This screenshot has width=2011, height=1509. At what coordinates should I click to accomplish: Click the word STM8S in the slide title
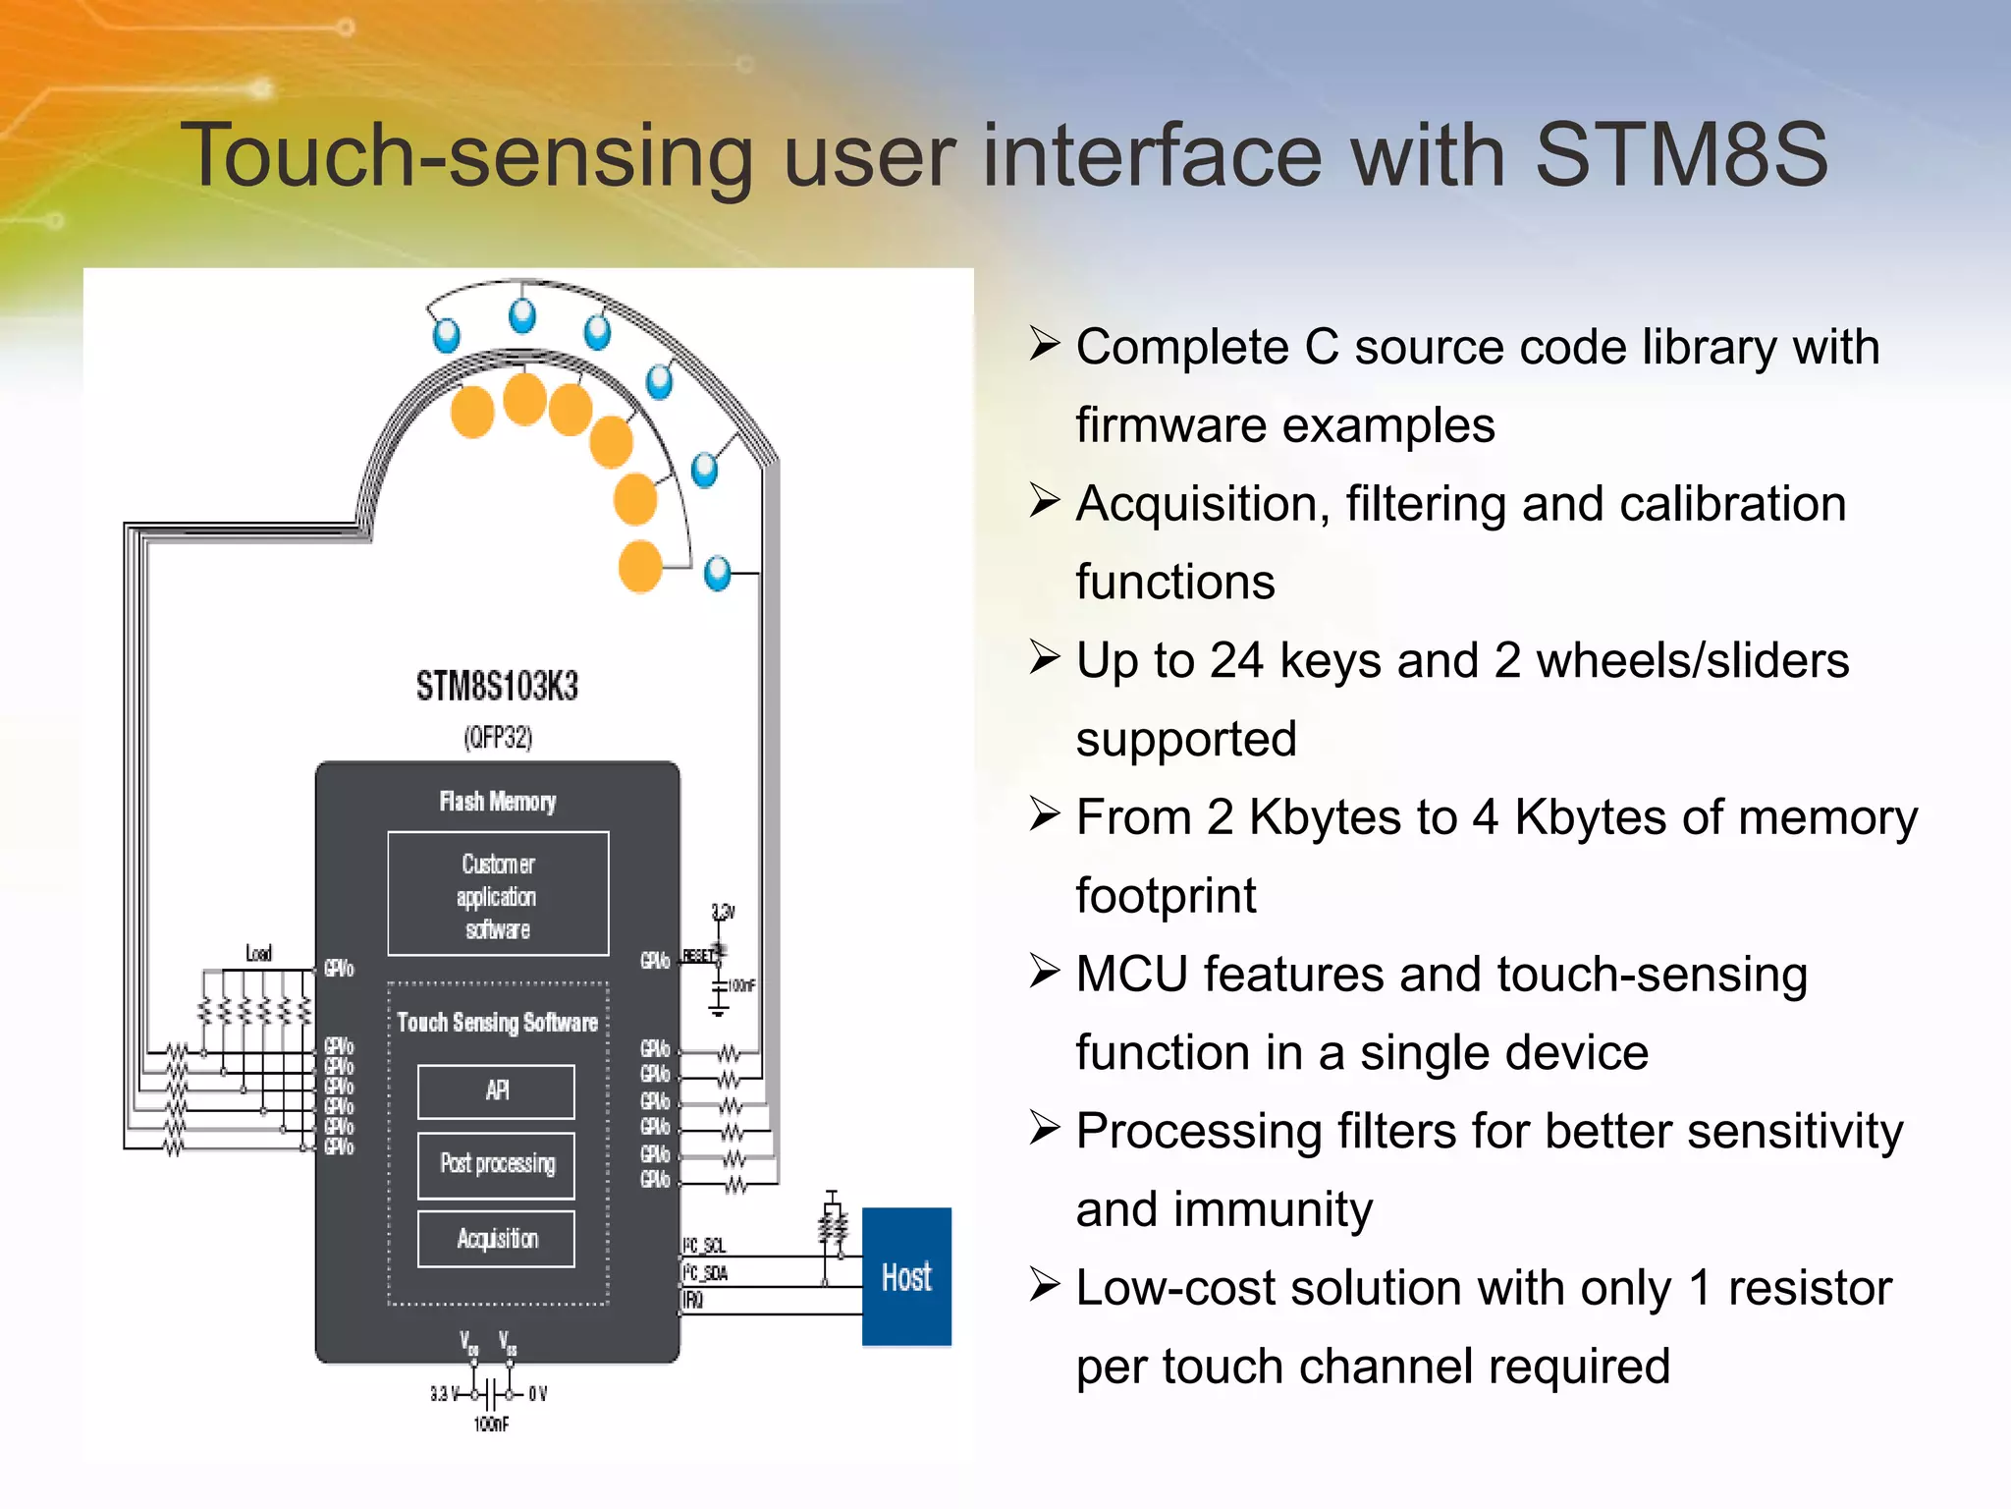click(1681, 155)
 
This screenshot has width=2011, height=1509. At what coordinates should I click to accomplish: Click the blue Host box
click(906, 1276)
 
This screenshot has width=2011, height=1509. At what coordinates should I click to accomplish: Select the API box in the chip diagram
click(496, 1090)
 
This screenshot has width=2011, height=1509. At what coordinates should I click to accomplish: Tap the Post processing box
click(496, 1164)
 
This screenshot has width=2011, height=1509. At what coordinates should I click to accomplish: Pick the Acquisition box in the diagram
click(496, 1239)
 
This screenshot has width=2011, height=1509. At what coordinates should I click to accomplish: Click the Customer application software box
click(498, 894)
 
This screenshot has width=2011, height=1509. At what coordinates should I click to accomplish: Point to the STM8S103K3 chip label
click(497, 686)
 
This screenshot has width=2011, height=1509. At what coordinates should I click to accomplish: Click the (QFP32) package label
click(498, 737)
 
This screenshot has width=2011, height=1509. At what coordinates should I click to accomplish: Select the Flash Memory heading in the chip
click(497, 802)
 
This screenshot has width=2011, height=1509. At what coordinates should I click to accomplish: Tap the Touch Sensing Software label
click(497, 1023)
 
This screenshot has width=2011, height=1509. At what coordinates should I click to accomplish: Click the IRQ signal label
click(693, 1301)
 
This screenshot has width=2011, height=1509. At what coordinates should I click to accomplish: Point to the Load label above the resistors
click(259, 953)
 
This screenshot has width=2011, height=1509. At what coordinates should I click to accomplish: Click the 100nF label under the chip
click(491, 1425)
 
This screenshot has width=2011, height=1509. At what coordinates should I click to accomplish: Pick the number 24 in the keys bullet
click(1236, 660)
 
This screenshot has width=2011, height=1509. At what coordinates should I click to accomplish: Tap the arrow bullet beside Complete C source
click(1044, 345)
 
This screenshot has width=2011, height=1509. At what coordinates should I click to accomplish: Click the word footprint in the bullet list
click(1166, 896)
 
